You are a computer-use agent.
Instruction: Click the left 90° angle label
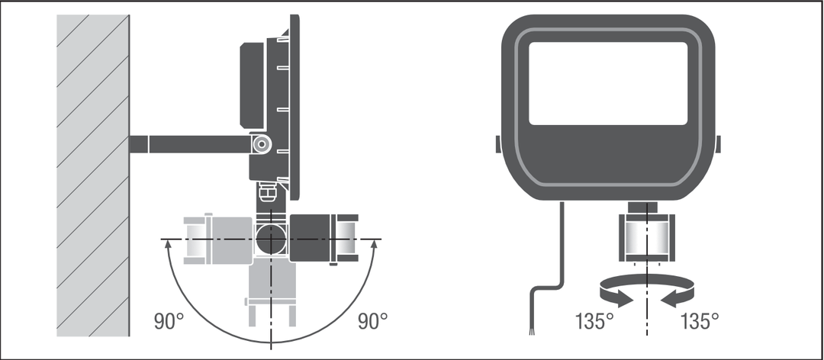point(169,321)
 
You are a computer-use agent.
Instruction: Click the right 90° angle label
point(372,321)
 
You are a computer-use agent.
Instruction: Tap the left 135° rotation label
point(594,321)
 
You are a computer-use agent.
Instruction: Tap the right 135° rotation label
point(700,321)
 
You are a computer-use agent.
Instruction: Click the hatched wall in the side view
point(93,175)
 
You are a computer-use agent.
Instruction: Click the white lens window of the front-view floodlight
point(608,84)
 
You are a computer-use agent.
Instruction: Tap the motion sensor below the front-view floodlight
point(646,236)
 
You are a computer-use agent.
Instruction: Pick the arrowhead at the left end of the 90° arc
point(168,244)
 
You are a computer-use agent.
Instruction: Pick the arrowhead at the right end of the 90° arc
point(374,244)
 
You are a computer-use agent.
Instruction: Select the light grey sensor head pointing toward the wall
point(218,239)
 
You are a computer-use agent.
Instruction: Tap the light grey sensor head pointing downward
point(271,292)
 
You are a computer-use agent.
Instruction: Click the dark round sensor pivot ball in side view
point(271,239)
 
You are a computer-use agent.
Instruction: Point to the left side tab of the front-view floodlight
point(498,144)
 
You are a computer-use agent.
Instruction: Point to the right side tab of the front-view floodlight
point(718,144)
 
